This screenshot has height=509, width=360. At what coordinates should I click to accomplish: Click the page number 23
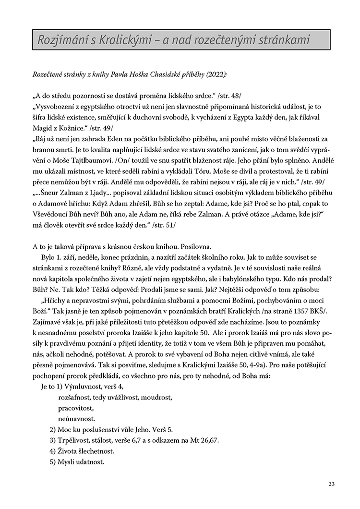(332, 483)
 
